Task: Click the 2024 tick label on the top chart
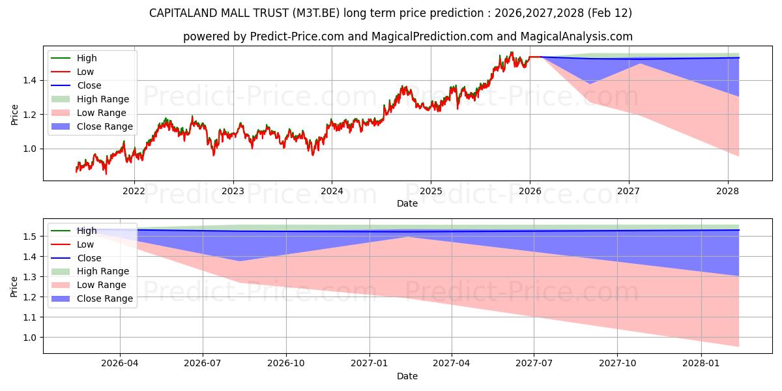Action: (x=332, y=191)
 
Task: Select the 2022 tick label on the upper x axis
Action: (x=134, y=191)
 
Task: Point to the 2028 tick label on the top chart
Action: (x=727, y=191)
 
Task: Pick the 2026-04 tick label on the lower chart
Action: (x=120, y=364)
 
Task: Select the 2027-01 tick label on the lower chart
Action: (x=369, y=364)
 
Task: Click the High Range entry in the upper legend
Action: (x=103, y=99)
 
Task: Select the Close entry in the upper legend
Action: (x=89, y=85)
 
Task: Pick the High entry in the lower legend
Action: (x=87, y=231)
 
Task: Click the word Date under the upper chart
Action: (x=407, y=203)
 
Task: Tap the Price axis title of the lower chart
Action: (x=14, y=286)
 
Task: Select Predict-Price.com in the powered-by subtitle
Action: (x=298, y=36)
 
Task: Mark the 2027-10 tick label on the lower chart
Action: (x=618, y=364)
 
